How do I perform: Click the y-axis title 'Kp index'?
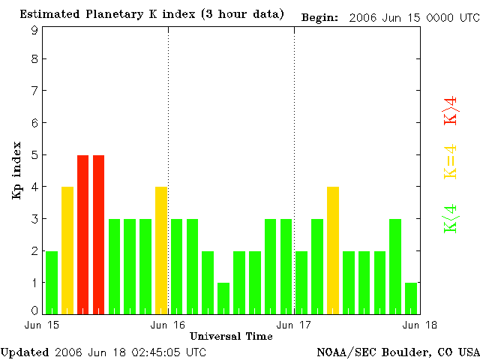(16, 170)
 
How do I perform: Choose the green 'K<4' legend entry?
(451, 219)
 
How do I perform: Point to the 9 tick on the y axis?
(34, 30)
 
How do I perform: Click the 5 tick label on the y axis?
(34, 155)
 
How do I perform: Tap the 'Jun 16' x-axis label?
(168, 325)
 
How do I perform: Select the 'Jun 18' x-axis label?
(419, 325)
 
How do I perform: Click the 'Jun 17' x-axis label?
(294, 325)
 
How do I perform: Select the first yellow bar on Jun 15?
(67, 250)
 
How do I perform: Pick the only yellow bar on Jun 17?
(333, 250)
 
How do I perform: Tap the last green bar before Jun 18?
(411, 298)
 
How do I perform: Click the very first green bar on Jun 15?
(52, 282)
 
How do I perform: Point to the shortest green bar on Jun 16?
(223, 298)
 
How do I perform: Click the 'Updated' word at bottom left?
(25, 352)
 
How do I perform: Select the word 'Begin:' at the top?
(320, 17)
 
